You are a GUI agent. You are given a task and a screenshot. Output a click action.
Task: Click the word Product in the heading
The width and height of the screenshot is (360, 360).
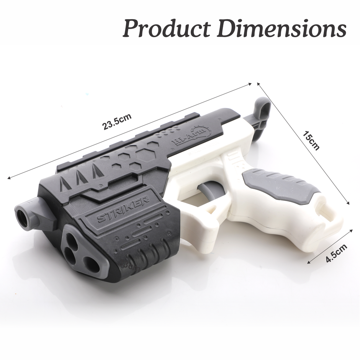[x=166, y=28]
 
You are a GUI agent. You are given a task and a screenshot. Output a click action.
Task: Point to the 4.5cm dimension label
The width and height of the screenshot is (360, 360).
[x=336, y=253]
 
